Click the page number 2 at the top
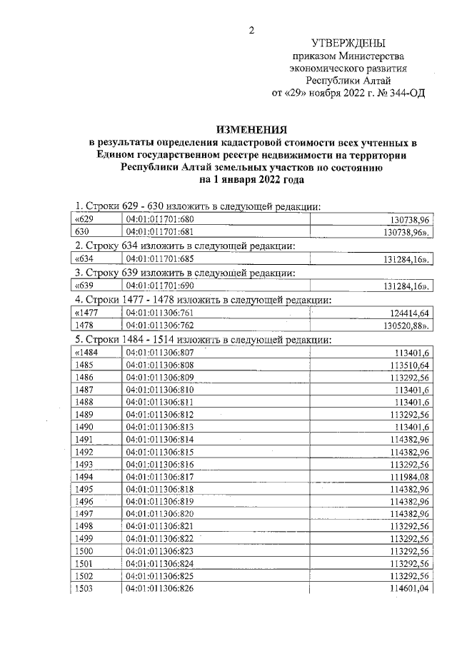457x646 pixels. pyautogui.click(x=251, y=29)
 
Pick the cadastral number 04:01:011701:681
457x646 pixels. pyautogui.click(x=160, y=232)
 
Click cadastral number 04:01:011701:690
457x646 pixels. pyautogui.click(x=160, y=286)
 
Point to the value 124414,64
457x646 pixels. pyautogui.click(x=404, y=312)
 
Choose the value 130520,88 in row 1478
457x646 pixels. pyautogui.click(x=403, y=325)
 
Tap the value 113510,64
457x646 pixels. pyautogui.click(x=404, y=365)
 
